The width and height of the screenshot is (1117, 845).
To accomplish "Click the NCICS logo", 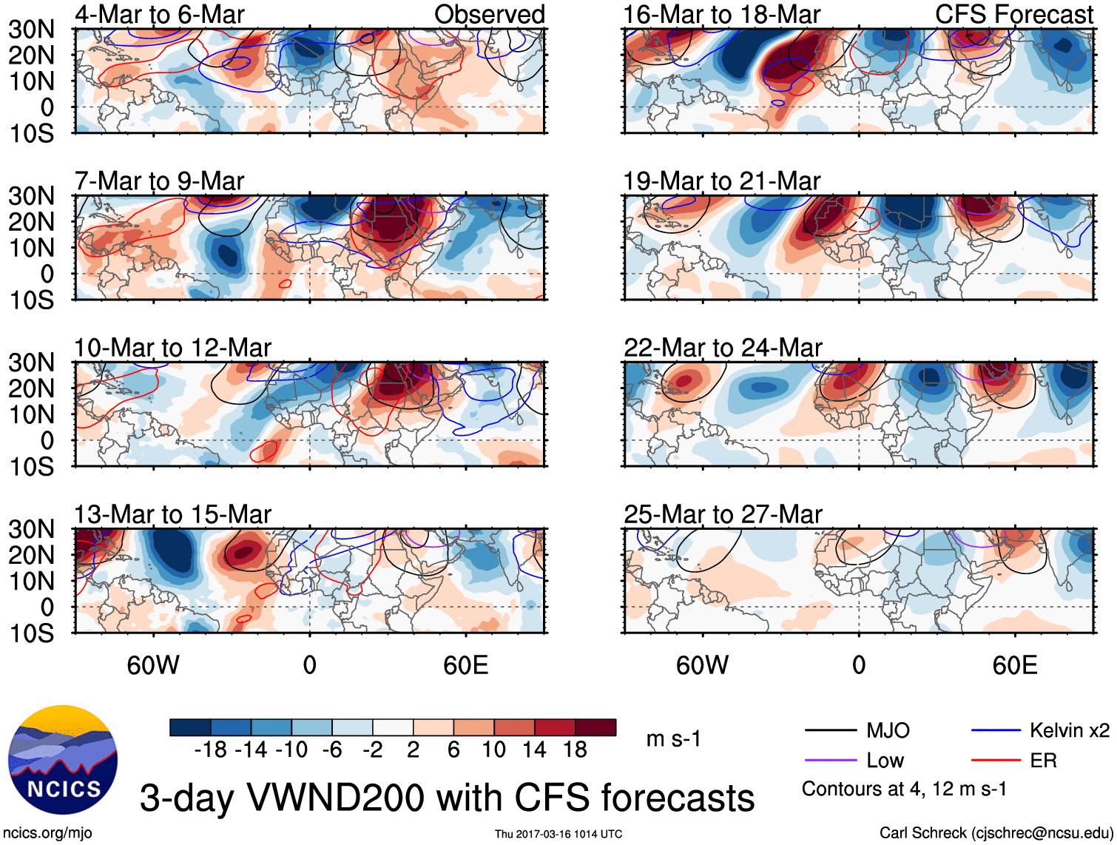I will (63, 760).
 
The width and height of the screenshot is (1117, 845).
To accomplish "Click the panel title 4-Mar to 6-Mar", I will (159, 15).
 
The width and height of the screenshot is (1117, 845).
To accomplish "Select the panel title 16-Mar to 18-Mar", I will (721, 15).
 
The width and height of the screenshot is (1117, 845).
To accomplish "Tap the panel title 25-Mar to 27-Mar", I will (723, 514).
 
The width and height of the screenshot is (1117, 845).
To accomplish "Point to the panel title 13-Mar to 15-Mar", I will (172, 514).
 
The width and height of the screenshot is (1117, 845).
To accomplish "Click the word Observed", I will (489, 15).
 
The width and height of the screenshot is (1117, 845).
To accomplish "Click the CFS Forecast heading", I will (1013, 15).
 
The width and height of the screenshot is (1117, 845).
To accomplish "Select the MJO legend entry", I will (888, 731).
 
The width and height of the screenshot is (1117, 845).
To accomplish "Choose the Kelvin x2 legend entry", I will (1069, 731).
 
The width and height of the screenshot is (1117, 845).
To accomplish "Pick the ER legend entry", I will (1043, 761).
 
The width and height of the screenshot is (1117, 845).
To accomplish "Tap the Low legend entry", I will (885, 761).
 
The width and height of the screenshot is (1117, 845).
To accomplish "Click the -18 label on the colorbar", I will (210, 750).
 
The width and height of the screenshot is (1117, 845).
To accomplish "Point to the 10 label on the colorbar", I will (493, 750).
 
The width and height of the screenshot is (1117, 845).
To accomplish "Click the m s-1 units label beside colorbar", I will (673, 738).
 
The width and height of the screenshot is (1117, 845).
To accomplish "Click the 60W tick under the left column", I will (153, 665).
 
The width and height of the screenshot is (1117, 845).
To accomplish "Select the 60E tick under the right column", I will (1014, 665).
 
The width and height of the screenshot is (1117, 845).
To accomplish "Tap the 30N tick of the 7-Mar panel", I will (31, 196).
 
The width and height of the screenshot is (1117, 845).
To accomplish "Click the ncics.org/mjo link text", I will (47, 833).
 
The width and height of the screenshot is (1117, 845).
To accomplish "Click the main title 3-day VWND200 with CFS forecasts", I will (447, 798).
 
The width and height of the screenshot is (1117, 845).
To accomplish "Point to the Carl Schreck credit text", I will (996, 833).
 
